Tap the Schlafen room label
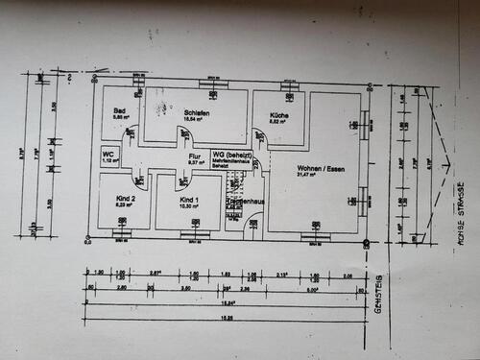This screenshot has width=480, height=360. pos(197,112)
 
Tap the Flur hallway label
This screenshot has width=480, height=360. pos(193,155)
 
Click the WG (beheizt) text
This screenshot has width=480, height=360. pos(233,155)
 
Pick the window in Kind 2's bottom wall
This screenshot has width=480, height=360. pos(121,232)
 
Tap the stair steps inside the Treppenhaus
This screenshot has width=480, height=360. pos(234,190)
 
